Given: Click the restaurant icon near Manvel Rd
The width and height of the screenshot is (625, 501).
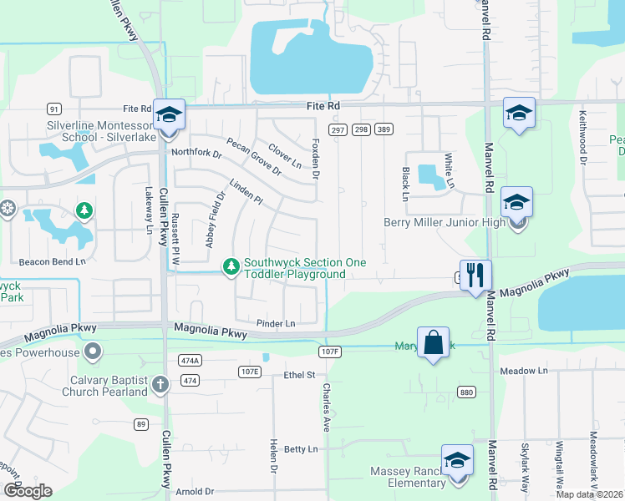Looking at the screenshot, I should pyautogui.click(x=475, y=275).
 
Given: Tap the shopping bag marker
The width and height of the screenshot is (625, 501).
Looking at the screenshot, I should pyautogui.click(x=433, y=342).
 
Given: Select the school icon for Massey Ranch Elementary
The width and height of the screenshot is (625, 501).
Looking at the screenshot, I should pyautogui.click(x=457, y=460).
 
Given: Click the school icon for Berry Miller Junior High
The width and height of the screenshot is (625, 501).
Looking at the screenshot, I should pyautogui.click(x=516, y=203).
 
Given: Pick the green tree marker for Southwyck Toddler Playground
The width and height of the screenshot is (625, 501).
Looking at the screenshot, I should pyautogui.click(x=231, y=266).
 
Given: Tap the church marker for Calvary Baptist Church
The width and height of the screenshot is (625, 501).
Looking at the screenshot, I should pyautogui.click(x=160, y=384).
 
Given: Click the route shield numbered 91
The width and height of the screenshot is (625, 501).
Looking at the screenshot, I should pyautogui.click(x=54, y=109).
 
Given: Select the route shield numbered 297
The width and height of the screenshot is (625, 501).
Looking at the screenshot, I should pyautogui.click(x=338, y=129).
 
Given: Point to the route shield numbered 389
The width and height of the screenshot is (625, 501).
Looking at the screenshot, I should pyautogui.click(x=384, y=129).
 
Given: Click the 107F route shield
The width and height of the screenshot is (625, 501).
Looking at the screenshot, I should pyautogui.click(x=330, y=352).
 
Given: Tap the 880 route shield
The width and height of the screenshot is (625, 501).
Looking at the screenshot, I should pyautogui.click(x=466, y=391).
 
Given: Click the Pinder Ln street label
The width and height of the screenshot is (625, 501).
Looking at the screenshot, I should pyautogui.click(x=277, y=323).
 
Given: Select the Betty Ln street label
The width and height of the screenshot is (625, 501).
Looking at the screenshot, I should pyautogui.click(x=302, y=449).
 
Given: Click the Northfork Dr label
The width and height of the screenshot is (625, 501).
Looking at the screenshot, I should pyautogui.click(x=196, y=154).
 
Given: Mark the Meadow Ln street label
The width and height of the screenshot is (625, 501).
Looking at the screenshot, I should pyautogui.click(x=524, y=370).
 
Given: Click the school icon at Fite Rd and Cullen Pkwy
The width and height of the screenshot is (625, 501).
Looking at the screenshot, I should pyautogui.click(x=169, y=114).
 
